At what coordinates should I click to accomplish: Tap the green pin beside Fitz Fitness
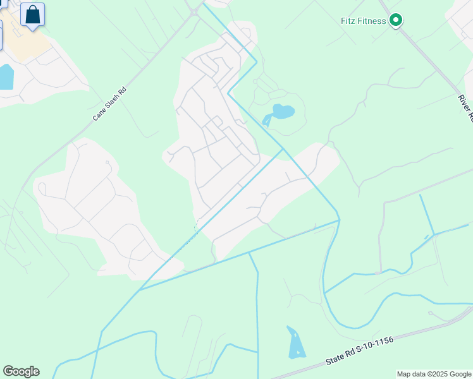pos(396,21)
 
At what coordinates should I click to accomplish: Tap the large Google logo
pos(21,371)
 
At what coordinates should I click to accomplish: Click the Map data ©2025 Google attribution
pos(434,374)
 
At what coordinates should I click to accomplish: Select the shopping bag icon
pos(32,14)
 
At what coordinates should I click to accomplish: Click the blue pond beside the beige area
pos(5,76)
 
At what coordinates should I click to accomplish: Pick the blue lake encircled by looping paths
pos(282,112)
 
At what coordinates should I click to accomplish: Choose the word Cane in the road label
pos(99,114)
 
